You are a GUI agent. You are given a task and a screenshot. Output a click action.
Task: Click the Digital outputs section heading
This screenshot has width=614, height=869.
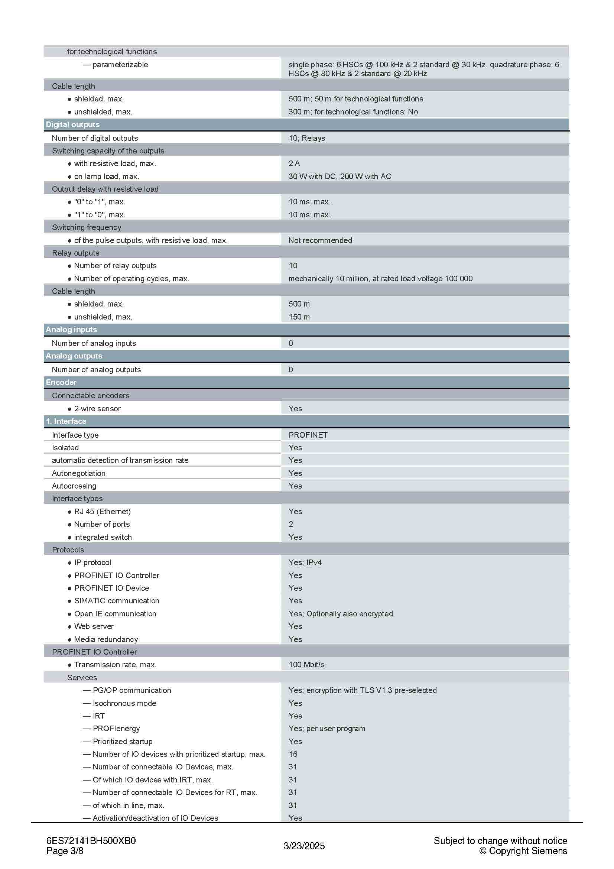[73, 124]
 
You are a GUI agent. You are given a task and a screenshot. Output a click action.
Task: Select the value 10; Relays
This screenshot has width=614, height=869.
[306, 138]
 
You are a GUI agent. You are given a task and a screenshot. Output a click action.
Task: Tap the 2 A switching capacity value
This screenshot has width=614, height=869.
[294, 163]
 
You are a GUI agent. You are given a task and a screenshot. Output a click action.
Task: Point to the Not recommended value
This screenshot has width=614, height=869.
[320, 240]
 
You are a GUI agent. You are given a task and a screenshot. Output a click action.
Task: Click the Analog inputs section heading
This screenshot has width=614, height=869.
[71, 330]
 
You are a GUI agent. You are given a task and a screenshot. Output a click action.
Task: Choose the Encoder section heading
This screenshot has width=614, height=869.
[61, 382]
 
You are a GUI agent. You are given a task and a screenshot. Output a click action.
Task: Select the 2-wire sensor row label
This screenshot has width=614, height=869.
[97, 409]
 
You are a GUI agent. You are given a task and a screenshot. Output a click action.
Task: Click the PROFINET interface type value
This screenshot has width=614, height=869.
[308, 435]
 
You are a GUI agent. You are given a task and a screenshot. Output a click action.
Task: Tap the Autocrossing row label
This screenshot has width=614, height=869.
[74, 486]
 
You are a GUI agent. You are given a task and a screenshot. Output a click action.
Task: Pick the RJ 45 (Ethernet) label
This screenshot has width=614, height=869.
[102, 512]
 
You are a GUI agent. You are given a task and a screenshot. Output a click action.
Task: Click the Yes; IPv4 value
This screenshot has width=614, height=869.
[305, 562]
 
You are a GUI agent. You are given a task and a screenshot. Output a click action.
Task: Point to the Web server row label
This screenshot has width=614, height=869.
[94, 626]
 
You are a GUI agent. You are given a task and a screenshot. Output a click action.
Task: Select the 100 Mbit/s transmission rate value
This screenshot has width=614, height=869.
[306, 665]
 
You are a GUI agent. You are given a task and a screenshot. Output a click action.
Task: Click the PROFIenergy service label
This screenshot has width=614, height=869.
[116, 729]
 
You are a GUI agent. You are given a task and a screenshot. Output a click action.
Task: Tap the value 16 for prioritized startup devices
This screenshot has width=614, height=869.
[293, 754]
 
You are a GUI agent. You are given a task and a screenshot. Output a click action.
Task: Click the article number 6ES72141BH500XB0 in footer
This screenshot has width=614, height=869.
[91, 841]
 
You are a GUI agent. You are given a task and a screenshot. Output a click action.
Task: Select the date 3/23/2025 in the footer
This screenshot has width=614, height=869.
[304, 846]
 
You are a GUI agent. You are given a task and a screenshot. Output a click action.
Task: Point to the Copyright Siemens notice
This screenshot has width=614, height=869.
[523, 851]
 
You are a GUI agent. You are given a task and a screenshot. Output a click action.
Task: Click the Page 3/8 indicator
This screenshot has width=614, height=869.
[65, 851]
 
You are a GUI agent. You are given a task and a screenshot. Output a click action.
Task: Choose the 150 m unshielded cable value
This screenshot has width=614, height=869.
[299, 317]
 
